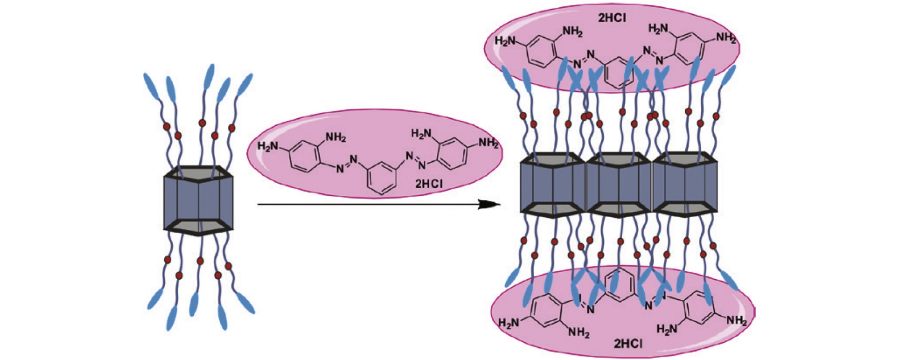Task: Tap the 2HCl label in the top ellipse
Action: point(612,18)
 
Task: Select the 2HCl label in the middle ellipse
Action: point(429,184)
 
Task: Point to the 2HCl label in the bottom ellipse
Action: point(628,344)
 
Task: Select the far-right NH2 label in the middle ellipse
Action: point(488,143)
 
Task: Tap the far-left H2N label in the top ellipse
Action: point(505,41)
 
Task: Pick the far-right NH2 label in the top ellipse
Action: point(726,38)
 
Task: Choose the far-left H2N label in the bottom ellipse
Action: point(509,323)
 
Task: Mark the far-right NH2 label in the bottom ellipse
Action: point(737,321)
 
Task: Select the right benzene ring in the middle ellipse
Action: point(453,154)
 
